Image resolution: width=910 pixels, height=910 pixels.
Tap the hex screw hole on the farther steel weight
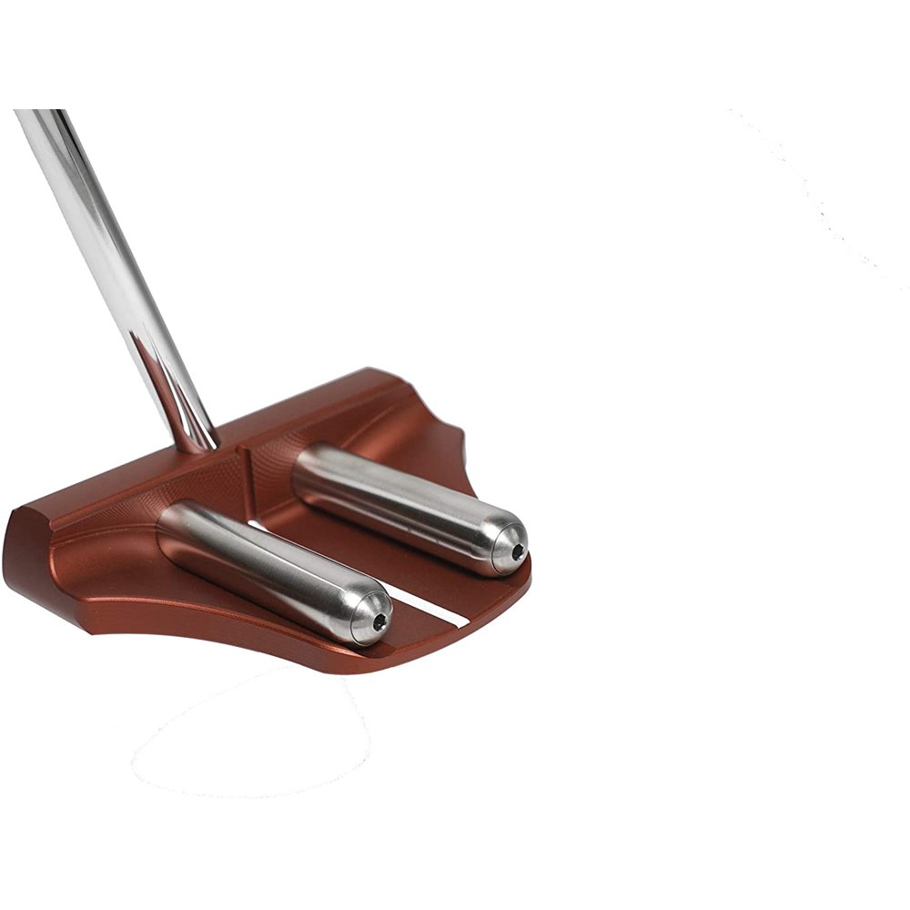point(517,551)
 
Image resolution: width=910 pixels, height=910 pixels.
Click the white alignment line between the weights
point(428,607)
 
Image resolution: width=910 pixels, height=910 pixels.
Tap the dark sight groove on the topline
point(244,472)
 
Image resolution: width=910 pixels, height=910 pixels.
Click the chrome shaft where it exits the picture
point(36,114)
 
